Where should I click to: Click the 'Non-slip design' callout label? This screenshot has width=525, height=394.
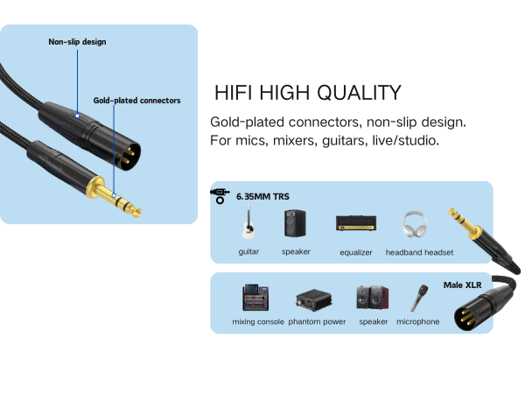click(x=77, y=41)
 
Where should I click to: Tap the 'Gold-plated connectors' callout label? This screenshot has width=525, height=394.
click(x=136, y=101)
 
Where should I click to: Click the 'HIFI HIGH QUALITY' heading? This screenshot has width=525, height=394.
click(x=308, y=94)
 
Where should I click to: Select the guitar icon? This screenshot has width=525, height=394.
click(x=248, y=224)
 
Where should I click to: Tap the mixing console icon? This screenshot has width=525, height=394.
click(x=256, y=298)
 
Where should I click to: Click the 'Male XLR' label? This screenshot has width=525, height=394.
click(x=463, y=285)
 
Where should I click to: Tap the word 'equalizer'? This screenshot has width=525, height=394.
click(x=356, y=252)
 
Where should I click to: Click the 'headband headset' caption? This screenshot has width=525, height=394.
click(x=419, y=252)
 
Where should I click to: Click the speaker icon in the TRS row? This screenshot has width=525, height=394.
click(x=295, y=223)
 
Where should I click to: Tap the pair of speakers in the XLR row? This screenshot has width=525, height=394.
click(x=373, y=298)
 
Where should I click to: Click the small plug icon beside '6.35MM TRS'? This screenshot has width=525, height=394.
click(x=218, y=194)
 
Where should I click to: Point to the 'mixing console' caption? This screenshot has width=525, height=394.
click(x=258, y=322)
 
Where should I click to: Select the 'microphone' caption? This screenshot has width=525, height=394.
click(x=417, y=322)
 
